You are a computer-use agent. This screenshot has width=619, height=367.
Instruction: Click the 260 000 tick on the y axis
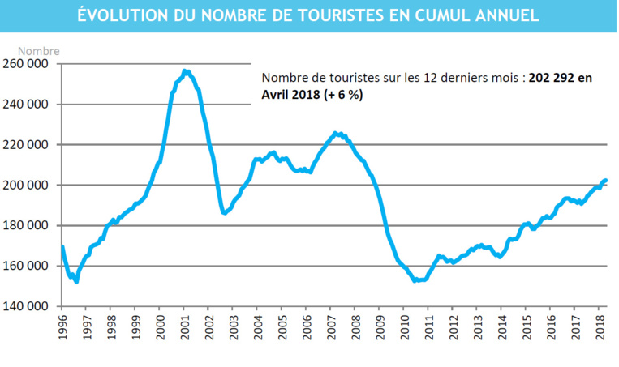tap(27, 64)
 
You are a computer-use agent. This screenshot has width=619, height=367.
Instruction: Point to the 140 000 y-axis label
tap(27, 306)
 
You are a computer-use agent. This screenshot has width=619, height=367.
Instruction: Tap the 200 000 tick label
tap(27, 186)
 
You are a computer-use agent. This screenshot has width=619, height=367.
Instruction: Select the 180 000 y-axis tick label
tap(27, 226)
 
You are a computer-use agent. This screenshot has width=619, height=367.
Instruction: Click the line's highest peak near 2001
tap(186, 71)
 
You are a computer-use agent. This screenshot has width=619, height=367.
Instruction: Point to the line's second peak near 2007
tap(337, 134)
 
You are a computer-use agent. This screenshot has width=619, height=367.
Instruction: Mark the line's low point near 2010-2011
tap(415, 280)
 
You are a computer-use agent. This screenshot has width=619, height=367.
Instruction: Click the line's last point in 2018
tap(606, 180)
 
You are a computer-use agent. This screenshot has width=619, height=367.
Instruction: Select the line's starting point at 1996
tap(62, 246)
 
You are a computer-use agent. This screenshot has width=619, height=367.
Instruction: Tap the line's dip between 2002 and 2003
tap(225, 212)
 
